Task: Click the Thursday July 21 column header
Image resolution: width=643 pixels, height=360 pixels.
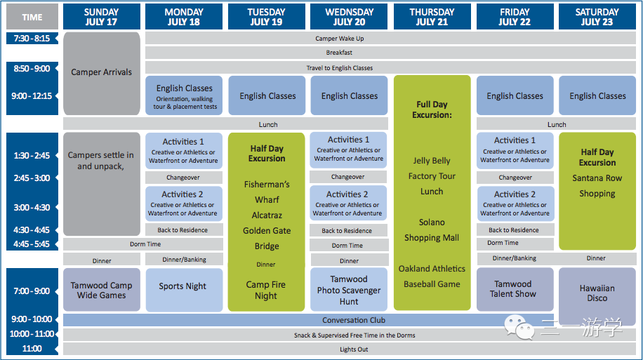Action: [x=432, y=17]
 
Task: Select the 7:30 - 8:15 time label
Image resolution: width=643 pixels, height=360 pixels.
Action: [x=32, y=39]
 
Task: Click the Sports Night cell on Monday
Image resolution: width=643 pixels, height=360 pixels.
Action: [x=184, y=290]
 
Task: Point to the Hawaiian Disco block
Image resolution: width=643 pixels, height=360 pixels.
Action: [x=597, y=293]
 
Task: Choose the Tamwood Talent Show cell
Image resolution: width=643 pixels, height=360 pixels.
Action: [x=515, y=289]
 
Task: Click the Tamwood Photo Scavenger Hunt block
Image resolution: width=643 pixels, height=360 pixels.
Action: [x=349, y=290]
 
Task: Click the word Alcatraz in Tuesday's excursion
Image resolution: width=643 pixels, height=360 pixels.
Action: [x=267, y=215]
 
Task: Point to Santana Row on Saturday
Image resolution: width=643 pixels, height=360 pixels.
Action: [x=597, y=178]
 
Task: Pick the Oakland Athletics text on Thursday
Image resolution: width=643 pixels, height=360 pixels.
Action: [x=432, y=269]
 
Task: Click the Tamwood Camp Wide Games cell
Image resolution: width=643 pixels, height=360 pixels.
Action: [x=102, y=290]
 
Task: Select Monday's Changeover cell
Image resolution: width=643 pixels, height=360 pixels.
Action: [x=184, y=178]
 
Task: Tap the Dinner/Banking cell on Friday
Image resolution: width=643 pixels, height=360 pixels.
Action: [x=515, y=258]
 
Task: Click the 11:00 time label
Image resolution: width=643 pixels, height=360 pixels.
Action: [x=32, y=349]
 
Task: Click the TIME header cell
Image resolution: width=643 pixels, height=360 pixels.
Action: [x=32, y=17]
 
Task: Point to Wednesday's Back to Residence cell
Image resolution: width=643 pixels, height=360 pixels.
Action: [x=349, y=231]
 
